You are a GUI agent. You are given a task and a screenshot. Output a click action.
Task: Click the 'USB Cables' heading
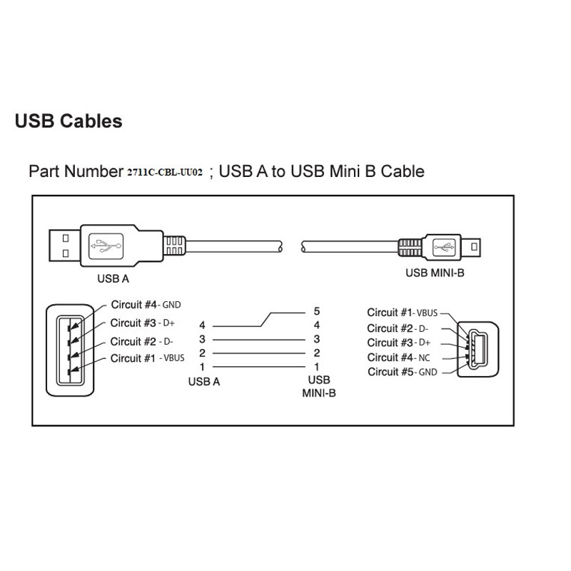pyautogui.click(x=69, y=121)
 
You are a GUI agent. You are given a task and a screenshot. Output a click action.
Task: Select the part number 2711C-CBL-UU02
pyautogui.click(x=165, y=172)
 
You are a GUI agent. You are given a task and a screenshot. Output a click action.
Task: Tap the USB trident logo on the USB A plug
pyautogui.click(x=106, y=246)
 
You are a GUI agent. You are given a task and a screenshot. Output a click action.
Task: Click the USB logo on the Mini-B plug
pyautogui.click(x=444, y=248)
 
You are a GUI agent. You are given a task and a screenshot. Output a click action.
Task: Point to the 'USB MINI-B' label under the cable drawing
pyautogui.click(x=435, y=273)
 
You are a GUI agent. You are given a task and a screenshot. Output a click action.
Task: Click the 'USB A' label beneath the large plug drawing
pyautogui.click(x=113, y=278)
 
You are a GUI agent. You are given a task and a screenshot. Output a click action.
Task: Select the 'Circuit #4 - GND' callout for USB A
pyautogui.click(x=146, y=305)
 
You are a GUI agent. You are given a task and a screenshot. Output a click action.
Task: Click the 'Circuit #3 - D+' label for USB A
pyautogui.click(x=142, y=323)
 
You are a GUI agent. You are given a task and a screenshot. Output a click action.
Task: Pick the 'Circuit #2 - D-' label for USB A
pyautogui.click(x=141, y=342)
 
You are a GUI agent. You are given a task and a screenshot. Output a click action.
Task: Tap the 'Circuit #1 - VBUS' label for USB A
pyautogui.click(x=148, y=358)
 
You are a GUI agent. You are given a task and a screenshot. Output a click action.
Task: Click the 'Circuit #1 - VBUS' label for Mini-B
pyautogui.click(x=403, y=313)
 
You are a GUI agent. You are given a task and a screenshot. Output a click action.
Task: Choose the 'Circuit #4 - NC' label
pyautogui.click(x=399, y=358)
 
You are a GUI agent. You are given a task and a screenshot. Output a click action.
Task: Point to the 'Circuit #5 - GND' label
pyautogui.click(x=403, y=372)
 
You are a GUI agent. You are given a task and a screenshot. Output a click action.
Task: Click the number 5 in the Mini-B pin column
pyautogui.click(x=317, y=311)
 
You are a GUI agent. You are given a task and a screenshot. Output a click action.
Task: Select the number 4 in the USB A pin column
pyautogui.click(x=202, y=325)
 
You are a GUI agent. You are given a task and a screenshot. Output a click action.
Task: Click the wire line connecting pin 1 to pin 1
pyautogui.click(x=259, y=367)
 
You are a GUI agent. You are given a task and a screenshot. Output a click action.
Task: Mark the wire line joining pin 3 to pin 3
pyautogui.click(x=259, y=340)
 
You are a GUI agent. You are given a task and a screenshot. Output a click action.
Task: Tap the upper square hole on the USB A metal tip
pyautogui.click(x=66, y=238)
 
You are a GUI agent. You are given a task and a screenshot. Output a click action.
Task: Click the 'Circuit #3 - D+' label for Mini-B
pyautogui.click(x=399, y=343)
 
